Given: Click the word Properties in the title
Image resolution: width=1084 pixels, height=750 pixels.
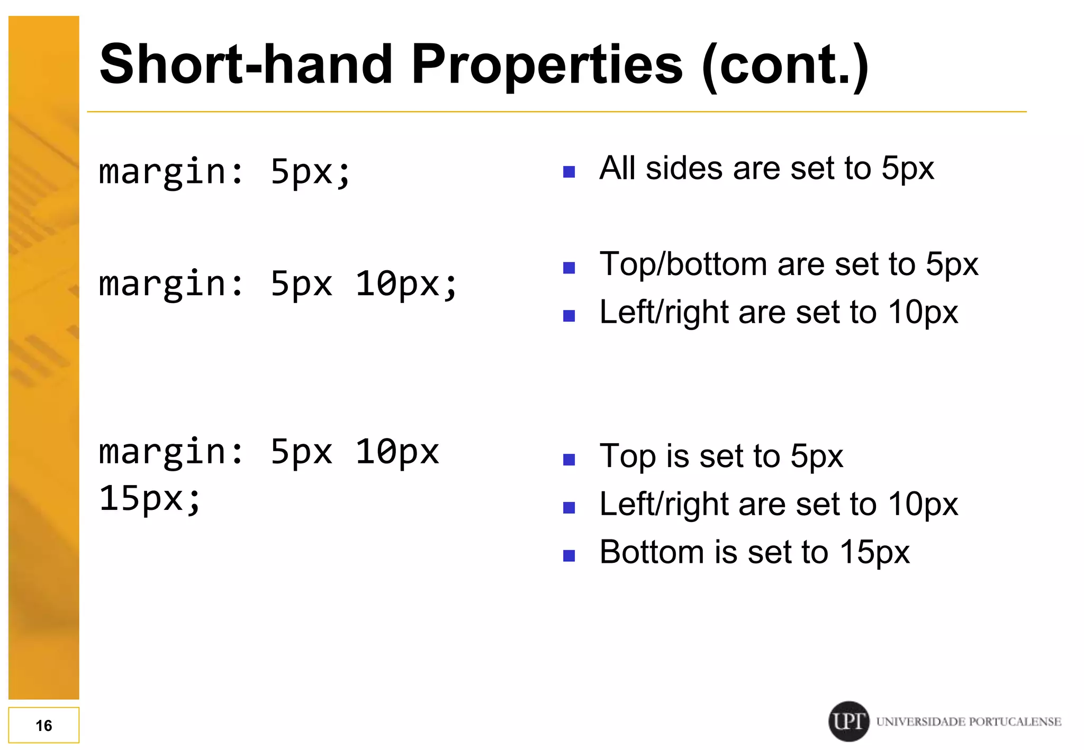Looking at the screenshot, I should [547, 65].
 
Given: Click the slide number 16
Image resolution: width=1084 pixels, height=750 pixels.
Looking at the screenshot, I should [44, 725].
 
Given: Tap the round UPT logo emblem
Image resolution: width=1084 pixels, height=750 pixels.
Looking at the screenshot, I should [848, 721].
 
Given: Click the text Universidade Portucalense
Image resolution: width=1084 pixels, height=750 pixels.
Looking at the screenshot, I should [969, 721].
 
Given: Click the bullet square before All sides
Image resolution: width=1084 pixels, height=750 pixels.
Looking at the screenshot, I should [569, 171].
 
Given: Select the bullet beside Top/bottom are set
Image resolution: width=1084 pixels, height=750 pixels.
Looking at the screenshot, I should [569, 268].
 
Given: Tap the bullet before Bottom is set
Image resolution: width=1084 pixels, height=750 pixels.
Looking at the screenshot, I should [569, 555].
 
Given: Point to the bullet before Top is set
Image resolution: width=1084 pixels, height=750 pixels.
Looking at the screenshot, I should [569, 459].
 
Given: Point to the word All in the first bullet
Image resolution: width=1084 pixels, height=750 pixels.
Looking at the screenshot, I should [617, 168].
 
